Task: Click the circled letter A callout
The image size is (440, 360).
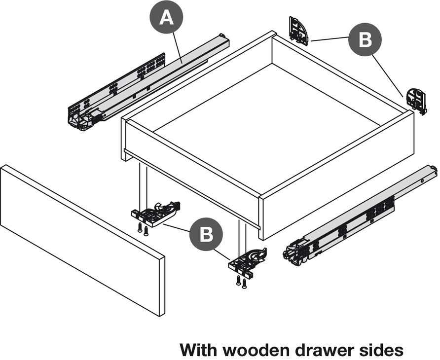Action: pyautogui.click(x=166, y=18)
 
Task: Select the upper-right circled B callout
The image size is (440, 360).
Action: pyautogui.click(x=365, y=39)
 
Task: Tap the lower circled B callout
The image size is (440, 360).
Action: pyautogui.click(x=206, y=234)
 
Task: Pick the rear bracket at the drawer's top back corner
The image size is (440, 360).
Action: pyautogui.click(x=299, y=31)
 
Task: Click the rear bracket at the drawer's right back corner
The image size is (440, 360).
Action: pyautogui.click(x=416, y=101)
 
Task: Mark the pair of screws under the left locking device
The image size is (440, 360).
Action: pyautogui.click(x=143, y=229)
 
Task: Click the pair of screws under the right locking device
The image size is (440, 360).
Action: pyautogui.click(x=241, y=282)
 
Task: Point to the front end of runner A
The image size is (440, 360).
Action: pyautogui.click(x=81, y=118)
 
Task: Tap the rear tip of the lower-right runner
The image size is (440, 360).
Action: pyautogui.click(x=433, y=170)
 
